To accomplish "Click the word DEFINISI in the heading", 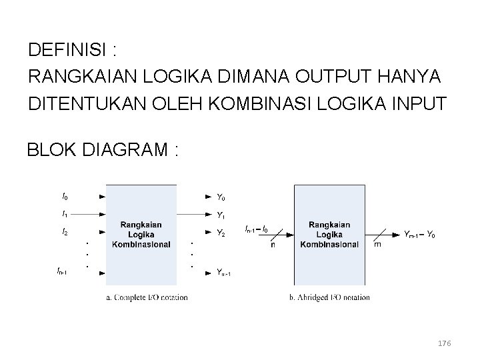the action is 66,50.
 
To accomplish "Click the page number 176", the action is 444,343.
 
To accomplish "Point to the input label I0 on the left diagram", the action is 64,197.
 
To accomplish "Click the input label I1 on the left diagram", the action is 64,215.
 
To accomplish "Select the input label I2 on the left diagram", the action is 64,232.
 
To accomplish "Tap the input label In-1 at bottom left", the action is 62,271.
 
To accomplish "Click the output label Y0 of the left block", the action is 221,197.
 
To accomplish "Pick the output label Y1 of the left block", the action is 221,215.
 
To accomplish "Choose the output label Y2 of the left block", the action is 221,233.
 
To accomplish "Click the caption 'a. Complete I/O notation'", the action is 147,297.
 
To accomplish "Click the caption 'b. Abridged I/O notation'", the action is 329,297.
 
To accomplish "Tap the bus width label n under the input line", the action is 273,245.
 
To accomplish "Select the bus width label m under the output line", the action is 377,245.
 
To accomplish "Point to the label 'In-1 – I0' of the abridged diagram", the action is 257,229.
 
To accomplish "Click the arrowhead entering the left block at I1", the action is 102,215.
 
